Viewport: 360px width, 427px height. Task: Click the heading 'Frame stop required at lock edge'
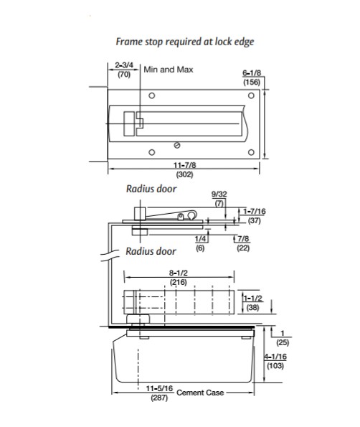[185, 42]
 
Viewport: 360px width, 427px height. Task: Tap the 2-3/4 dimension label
[124, 65]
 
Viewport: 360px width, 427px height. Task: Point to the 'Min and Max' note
[169, 70]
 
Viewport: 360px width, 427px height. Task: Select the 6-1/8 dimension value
[252, 73]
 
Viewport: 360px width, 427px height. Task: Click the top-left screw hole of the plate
[152, 95]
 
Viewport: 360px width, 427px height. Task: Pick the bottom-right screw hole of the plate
[252, 152]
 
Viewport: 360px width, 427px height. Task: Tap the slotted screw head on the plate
[177, 146]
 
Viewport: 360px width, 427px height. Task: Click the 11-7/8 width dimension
[185, 165]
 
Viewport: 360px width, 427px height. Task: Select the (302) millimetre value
[185, 174]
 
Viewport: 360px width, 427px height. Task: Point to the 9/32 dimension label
[219, 194]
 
